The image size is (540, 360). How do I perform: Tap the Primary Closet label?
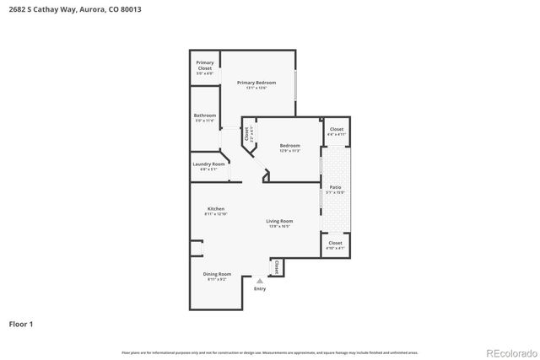click(x=205, y=65)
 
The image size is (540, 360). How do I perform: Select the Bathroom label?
click(x=205, y=116)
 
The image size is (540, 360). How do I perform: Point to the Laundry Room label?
click(x=208, y=164)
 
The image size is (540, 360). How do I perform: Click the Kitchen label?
click(x=216, y=209)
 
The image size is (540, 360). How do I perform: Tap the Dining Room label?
click(x=218, y=274)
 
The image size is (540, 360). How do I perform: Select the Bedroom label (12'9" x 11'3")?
click(x=289, y=145)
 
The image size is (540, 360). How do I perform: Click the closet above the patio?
click(x=336, y=130)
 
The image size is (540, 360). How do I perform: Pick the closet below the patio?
click(x=335, y=244)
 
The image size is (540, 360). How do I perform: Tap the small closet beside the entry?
click(x=276, y=267)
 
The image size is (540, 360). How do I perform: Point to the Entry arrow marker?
click(x=259, y=282)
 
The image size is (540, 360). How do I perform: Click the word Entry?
click(x=259, y=289)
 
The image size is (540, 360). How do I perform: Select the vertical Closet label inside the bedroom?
click(x=246, y=133)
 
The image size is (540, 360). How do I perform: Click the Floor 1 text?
click(x=22, y=323)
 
